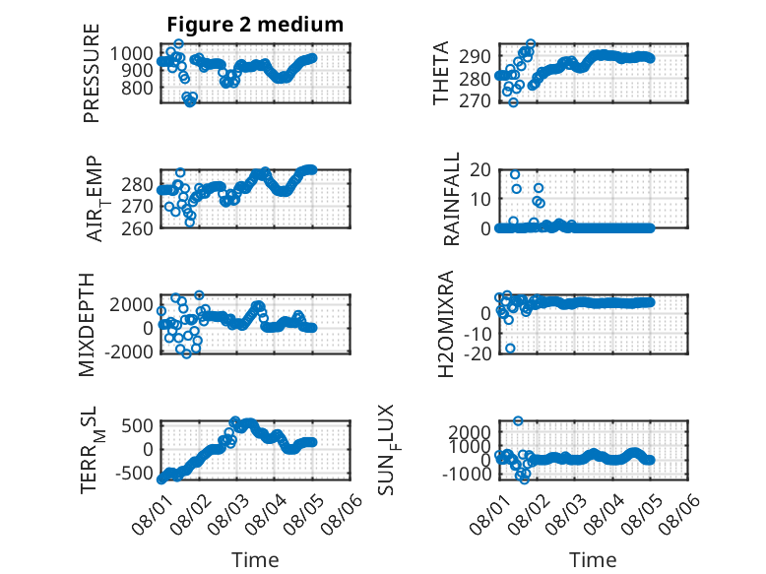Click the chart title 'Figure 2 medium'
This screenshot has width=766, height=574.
coord(255,25)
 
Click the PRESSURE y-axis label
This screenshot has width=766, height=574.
coord(92,73)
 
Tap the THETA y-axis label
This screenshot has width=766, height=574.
coord(441,73)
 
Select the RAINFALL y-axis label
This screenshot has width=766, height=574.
coord(451,198)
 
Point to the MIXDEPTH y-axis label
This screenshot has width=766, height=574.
coord(87,324)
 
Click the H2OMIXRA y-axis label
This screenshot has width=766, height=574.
coord(446,324)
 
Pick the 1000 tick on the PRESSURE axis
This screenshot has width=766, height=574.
coord(131,53)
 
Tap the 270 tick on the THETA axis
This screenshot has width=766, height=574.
coord(475,100)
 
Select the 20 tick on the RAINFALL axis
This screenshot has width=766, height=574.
coord(480,169)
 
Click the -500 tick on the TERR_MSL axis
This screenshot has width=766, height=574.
coord(134,473)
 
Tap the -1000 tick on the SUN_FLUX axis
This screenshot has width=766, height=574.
coord(467,474)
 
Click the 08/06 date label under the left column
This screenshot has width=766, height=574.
coord(342,513)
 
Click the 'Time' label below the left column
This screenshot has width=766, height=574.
coord(255,560)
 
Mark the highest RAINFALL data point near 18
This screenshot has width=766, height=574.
coord(515,174)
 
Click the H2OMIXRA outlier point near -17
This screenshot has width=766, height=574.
coord(511,349)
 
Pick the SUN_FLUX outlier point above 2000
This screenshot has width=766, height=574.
coord(518,420)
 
